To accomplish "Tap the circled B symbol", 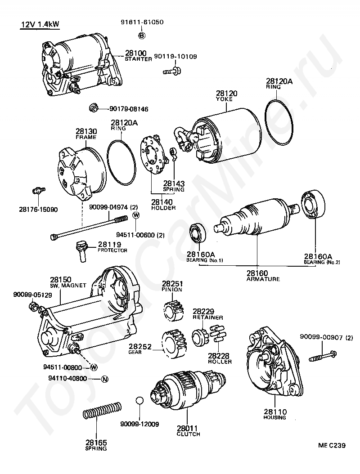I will click(141, 35).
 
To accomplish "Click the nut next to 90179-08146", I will click(93, 108).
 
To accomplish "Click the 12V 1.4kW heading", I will click(40, 24).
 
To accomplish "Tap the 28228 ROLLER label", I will click(220, 358).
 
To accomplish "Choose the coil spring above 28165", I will click(102, 410).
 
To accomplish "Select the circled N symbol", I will click(104, 379).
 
